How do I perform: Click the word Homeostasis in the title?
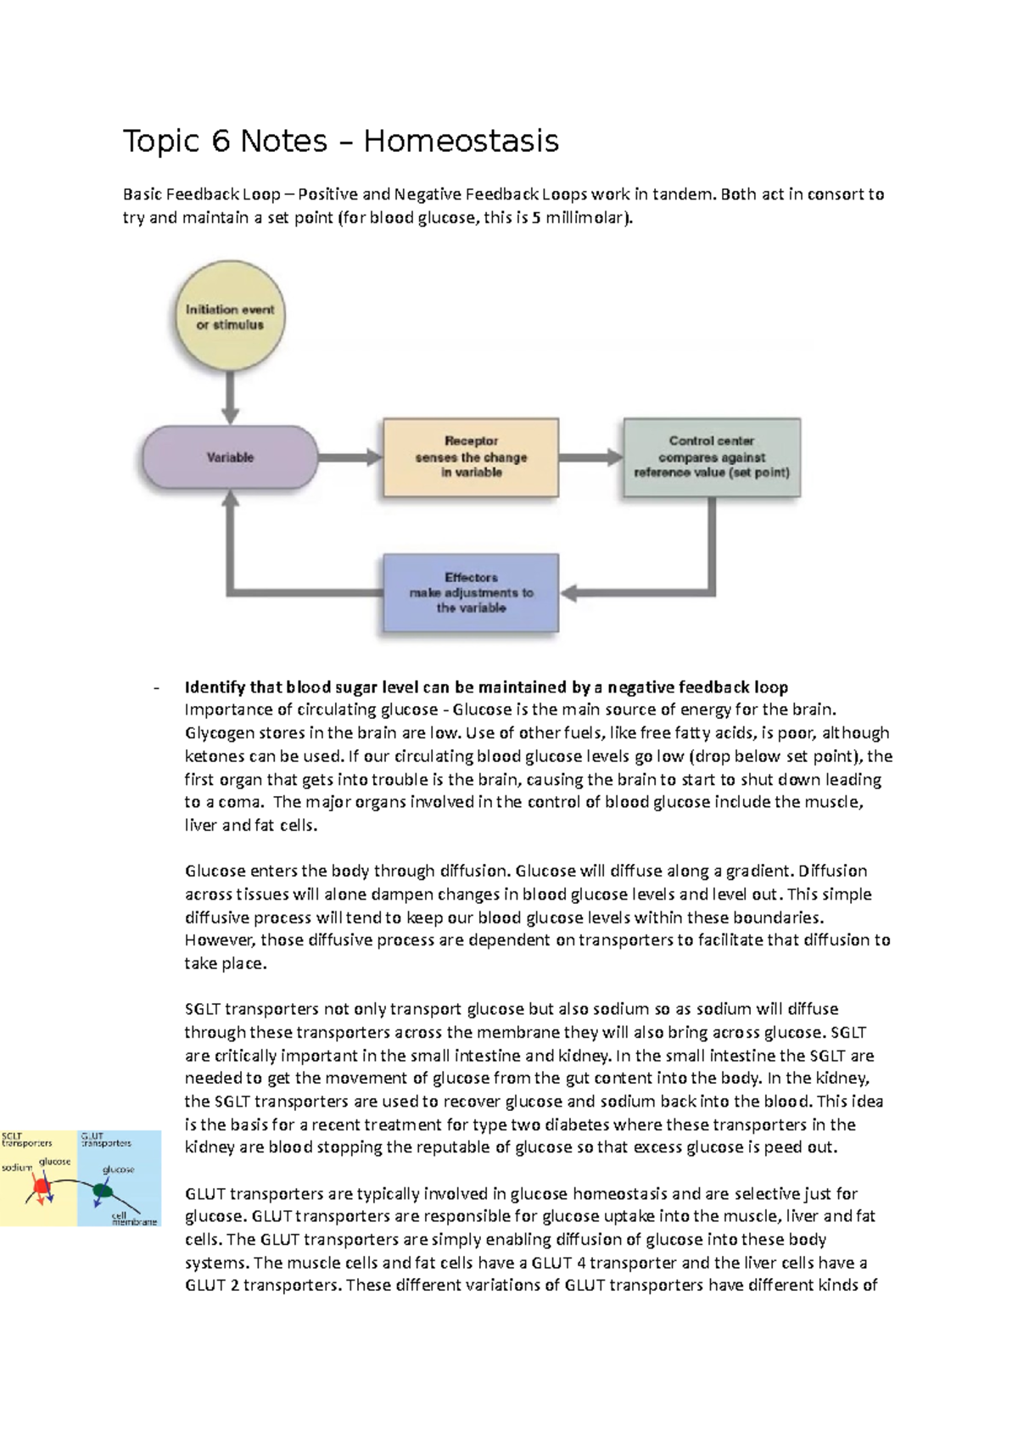point(461,141)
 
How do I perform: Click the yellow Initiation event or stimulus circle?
point(230,317)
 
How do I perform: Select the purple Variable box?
point(230,457)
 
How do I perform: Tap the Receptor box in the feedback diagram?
point(471,457)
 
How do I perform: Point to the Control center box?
point(712,457)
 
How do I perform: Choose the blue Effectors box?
point(471,593)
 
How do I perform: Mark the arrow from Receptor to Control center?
point(590,457)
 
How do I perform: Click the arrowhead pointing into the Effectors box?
point(569,593)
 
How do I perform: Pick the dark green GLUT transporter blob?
point(103,1191)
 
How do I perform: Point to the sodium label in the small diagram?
point(16,1168)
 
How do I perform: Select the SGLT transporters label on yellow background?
point(25,1139)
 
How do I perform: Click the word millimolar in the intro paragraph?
point(589,218)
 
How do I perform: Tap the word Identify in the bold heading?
point(214,687)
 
